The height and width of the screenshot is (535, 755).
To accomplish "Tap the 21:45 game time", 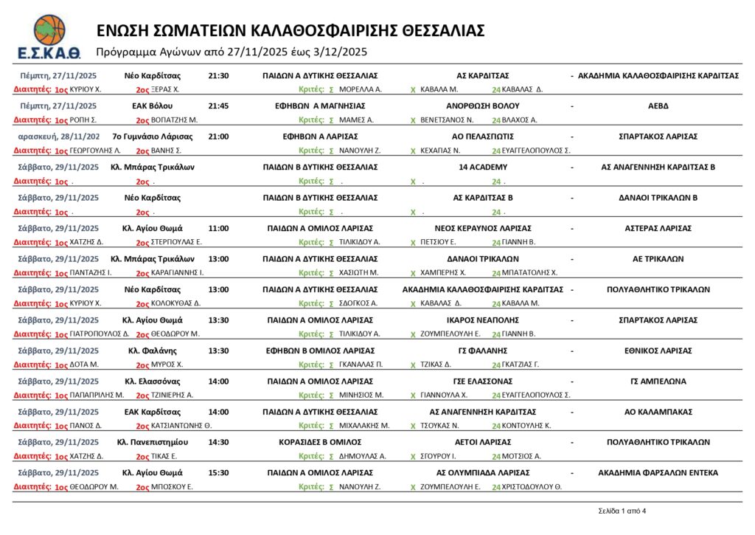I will pyautogui.click(x=219, y=106).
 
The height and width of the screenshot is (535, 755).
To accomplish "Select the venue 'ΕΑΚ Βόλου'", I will pyautogui.click(x=152, y=106).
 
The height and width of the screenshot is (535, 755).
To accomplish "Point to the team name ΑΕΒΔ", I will pyautogui.click(x=658, y=106).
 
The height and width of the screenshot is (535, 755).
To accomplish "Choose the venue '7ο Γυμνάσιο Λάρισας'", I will pyautogui.click(x=152, y=137).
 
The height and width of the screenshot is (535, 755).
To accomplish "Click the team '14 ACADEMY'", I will pyautogui.click(x=482, y=168).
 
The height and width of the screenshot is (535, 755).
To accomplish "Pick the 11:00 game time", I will pyautogui.click(x=219, y=228).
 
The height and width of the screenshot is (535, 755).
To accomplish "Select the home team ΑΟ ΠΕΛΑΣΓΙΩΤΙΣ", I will pyautogui.click(x=482, y=137).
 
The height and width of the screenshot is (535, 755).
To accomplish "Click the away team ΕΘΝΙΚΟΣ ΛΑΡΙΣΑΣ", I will pyautogui.click(x=658, y=351).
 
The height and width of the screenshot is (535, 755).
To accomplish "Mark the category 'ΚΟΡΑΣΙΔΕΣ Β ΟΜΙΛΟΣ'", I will pyautogui.click(x=320, y=442).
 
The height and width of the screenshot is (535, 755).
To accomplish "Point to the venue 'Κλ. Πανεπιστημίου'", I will pyautogui.click(x=152, y=442).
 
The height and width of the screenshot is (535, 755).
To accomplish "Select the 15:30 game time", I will pyautogui.click(x=219, y=473).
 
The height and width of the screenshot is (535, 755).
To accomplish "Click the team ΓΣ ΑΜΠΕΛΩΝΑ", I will pyautogui.click(x=658, y=382).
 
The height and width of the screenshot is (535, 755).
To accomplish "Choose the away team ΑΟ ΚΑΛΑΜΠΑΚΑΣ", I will pyautogui.click(x=658, y=412).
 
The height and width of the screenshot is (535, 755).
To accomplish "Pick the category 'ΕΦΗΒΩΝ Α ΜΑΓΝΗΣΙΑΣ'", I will pyautogui.click(x=320, y=106).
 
